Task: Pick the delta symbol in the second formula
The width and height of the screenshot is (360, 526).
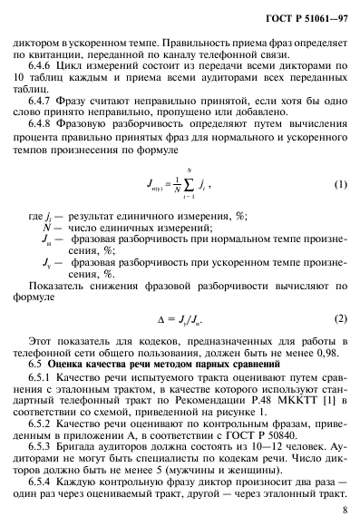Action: pyautogui.click(x=165, y=319)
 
